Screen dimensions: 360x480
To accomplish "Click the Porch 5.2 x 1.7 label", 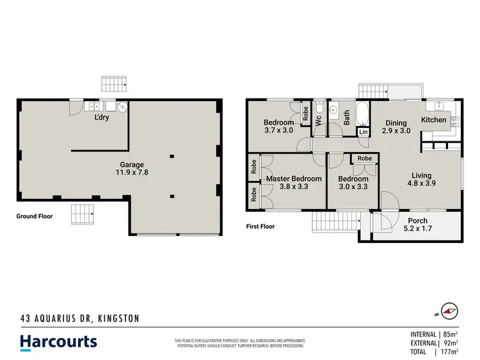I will click(x=418, y=221).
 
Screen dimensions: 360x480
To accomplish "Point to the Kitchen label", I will click(x=433, y=120).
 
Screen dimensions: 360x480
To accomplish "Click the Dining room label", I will click(x=397, y=123).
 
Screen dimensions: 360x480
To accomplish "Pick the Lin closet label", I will click(x=364, y=132).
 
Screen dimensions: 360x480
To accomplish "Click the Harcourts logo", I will click(x=58, y=341).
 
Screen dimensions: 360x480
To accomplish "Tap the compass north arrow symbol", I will click(x=451, y=311).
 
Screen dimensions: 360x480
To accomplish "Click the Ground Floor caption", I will click(x=35, y=217).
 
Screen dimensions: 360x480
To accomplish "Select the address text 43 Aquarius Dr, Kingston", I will click(x=79, y=318).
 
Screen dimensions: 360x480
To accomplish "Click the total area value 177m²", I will click(x=456, y=351).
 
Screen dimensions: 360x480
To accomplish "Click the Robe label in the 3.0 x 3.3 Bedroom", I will click(x=365, y=159).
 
